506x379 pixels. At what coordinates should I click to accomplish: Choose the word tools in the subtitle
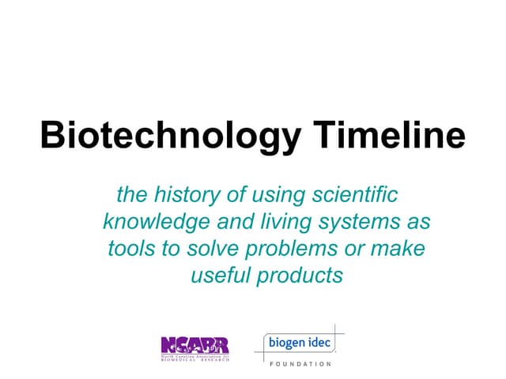point(129,249)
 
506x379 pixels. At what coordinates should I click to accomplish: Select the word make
point(400,249)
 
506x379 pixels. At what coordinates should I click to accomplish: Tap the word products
point(303,277)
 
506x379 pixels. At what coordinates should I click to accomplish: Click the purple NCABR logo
point(194,345)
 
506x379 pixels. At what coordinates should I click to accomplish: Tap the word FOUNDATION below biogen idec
point(300,364)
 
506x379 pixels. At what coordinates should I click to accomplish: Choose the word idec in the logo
point(320,343)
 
